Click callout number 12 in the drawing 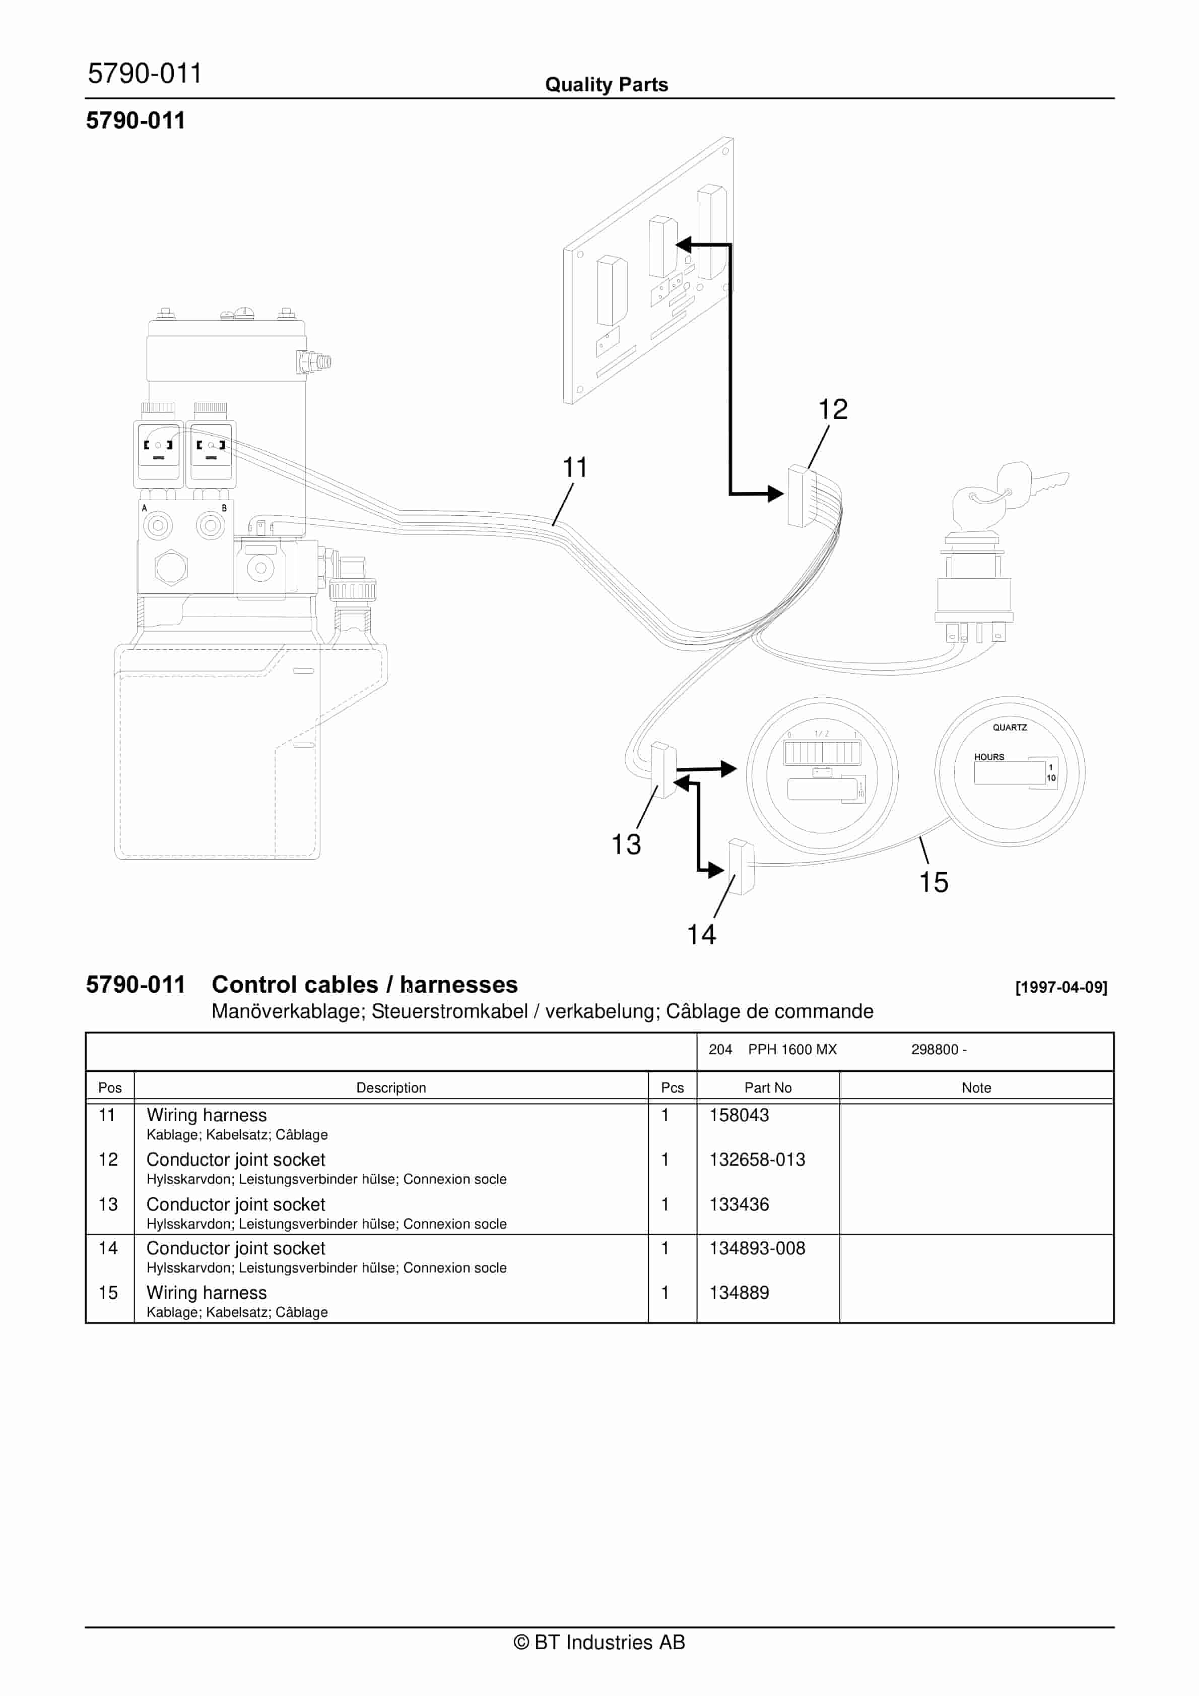[833, 409]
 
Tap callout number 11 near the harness [575, 467]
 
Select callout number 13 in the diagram [626, 844]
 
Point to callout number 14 [701, 934]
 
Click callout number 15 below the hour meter [933, 882]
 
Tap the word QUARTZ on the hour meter [1009, 728]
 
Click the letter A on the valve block [145, 508]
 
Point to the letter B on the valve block [225, 508]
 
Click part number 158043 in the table [739, 1115]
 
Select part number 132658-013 [757, 1160]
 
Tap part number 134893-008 [757, 1248]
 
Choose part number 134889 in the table [739, 1293]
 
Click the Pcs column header [672, 1087]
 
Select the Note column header [976, 1087]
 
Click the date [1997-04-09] [1061, 988]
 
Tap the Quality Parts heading [606, 85]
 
